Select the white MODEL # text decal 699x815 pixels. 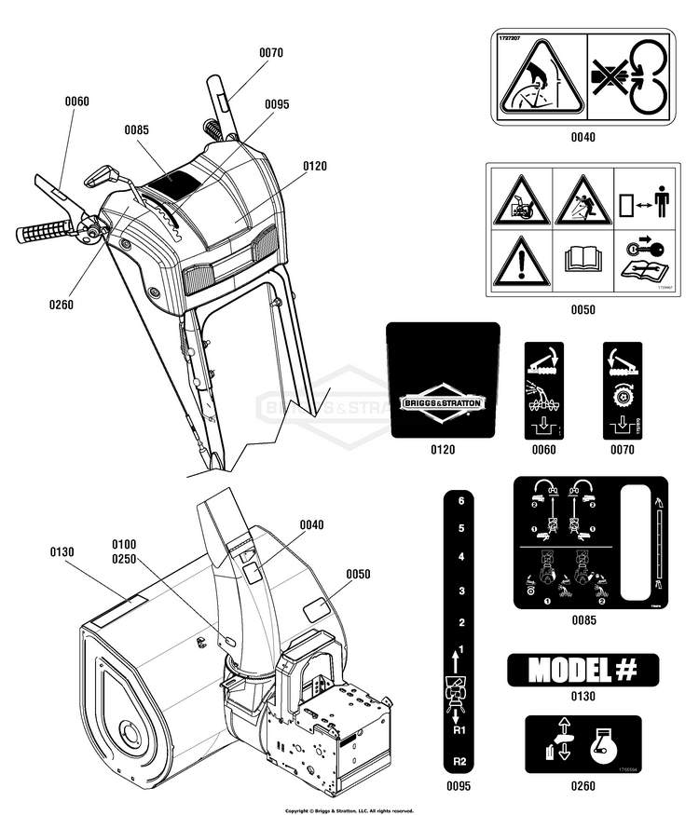(582, 669)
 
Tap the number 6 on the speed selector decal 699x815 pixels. (459, 501)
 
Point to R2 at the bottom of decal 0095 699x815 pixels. (459, 761)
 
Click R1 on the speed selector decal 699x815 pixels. (459, 732)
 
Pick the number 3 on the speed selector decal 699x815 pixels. (459, 591)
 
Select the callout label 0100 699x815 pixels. (123, 543)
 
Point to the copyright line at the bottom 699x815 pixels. (349, 810)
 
